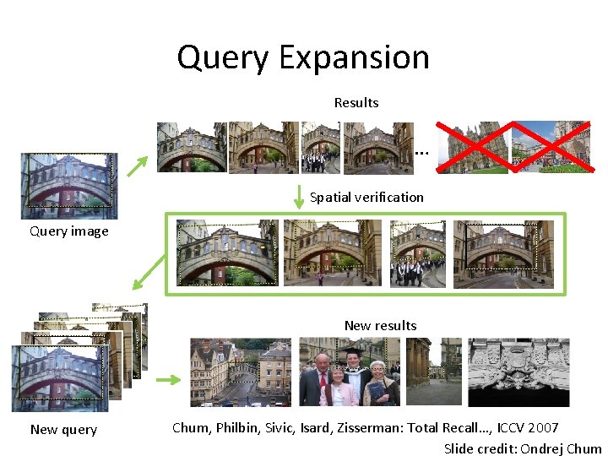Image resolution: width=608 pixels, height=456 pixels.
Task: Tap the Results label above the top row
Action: pyautogui.click(x=356, y=102)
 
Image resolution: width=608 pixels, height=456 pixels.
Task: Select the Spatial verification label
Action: pyautogui.click(x=366, y=197)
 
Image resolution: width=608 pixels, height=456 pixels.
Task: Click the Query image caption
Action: pyautogui.click(x=68, y=231)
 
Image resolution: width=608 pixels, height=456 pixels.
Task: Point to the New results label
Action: pyautogui.click(x=380, y=325)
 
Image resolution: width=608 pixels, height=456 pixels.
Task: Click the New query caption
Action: pyautogui.click(x=63, y=429)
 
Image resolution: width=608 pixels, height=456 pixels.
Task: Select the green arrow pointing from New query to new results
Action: pyautogui.click(x=169, y=380)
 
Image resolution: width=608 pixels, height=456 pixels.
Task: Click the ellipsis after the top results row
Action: pyautogui.click(x=421, y=153)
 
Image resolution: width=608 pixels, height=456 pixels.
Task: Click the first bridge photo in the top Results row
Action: pyautogui.click(x=191, y=148)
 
